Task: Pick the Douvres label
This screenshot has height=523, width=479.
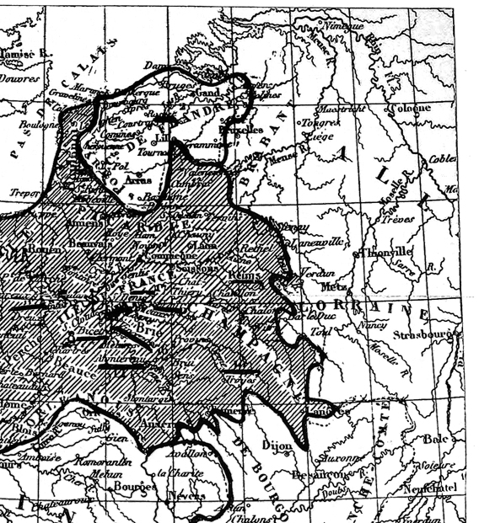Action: coord(20,78)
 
